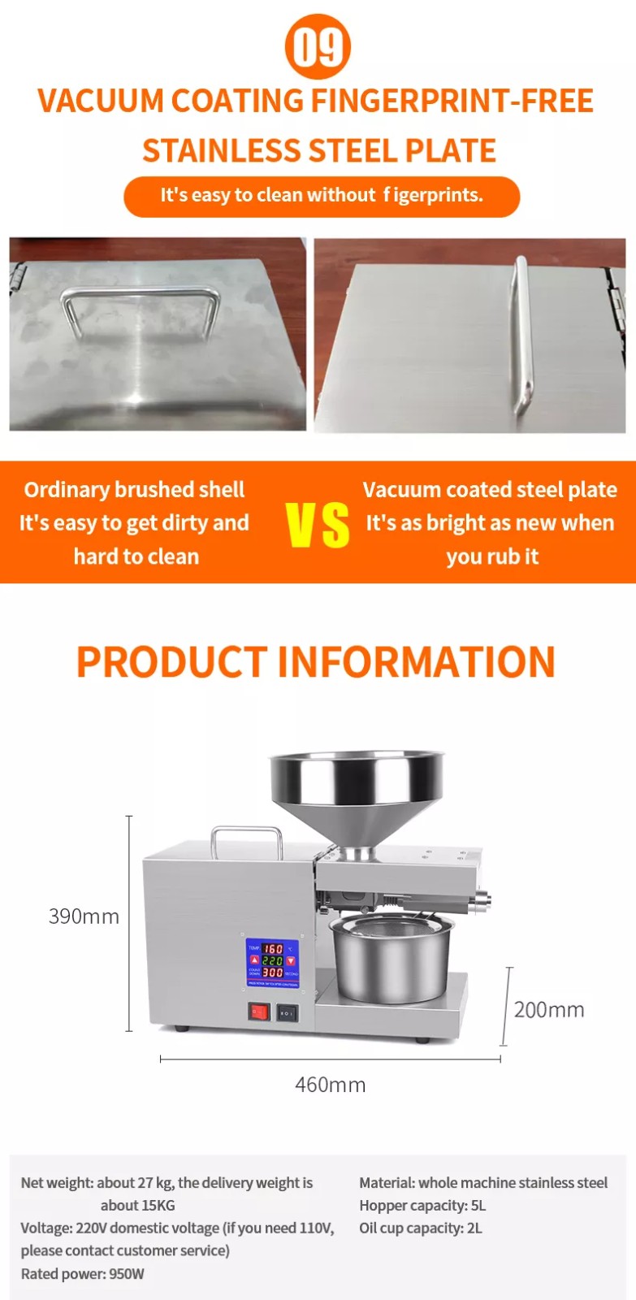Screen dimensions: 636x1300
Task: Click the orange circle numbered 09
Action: pos(318,47)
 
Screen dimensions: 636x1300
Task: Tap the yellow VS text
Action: pos(318,525)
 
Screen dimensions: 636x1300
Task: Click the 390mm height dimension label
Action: pos(84,916)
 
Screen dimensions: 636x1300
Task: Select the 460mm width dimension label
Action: pos(331,1085)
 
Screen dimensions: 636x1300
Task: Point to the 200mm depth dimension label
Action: pos(549,1010)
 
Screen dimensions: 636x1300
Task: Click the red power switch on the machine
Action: pos(259,1012)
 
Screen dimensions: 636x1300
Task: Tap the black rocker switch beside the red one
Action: pos(288,1013)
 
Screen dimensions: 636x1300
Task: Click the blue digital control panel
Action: pos(273,962)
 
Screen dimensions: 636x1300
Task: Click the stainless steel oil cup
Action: pos(391,959)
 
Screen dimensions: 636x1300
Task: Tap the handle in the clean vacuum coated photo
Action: pos(521,336)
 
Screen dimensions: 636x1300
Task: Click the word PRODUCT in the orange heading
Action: pos(172,661)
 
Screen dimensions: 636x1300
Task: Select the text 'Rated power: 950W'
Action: pos(82,1274)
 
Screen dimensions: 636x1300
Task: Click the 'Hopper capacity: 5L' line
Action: pos(422,1206)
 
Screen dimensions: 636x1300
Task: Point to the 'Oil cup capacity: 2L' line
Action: pos(421,1228)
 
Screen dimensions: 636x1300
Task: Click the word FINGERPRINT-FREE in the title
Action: pos(452,101)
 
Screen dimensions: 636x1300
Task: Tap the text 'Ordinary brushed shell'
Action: pos(134,490)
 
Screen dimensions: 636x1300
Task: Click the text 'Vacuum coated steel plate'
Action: pos(490,490)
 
